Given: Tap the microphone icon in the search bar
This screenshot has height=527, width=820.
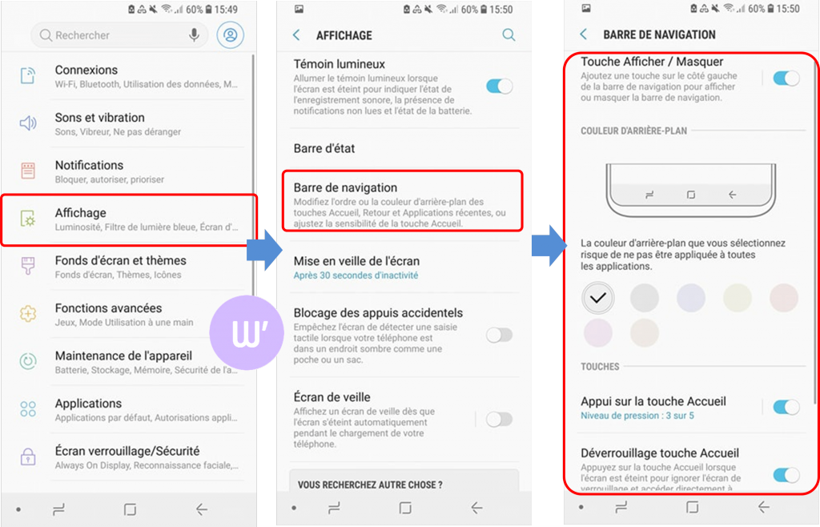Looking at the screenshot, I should (x=194, y=35).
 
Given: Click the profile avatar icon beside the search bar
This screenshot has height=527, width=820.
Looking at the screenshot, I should (x=231, y=35).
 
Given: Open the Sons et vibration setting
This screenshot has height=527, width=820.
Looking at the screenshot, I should (x=99, y=118).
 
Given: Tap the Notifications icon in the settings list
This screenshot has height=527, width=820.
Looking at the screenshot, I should (x=28, y=171).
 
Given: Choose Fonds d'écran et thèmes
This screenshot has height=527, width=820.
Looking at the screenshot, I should (x=120, y=260).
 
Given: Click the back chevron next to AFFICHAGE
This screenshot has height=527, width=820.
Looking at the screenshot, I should (x=297, y=35).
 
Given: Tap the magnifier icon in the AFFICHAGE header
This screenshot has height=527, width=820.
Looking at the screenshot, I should (x=508, y=35).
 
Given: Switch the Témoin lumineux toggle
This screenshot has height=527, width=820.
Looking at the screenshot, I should (x=500, y=86).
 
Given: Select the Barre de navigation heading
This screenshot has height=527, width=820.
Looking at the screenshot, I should (x=345, y=187).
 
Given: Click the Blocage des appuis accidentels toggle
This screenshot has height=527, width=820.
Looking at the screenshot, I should (x=499, y=335).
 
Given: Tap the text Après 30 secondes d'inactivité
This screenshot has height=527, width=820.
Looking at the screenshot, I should (x=356, y=276).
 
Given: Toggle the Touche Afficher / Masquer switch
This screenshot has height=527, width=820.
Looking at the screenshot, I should (x=786, y=78).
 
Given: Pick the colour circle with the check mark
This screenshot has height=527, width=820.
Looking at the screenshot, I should (x=597, y=298).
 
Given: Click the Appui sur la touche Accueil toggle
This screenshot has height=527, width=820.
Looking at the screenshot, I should (x=786, y=407).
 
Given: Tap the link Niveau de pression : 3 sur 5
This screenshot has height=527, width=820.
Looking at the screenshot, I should (x=637, y=416).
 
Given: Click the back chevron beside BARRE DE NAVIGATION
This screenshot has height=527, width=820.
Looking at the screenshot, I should (x=583, y=34).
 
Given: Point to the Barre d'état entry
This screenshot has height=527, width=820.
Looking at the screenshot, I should (x=324, y=148).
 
